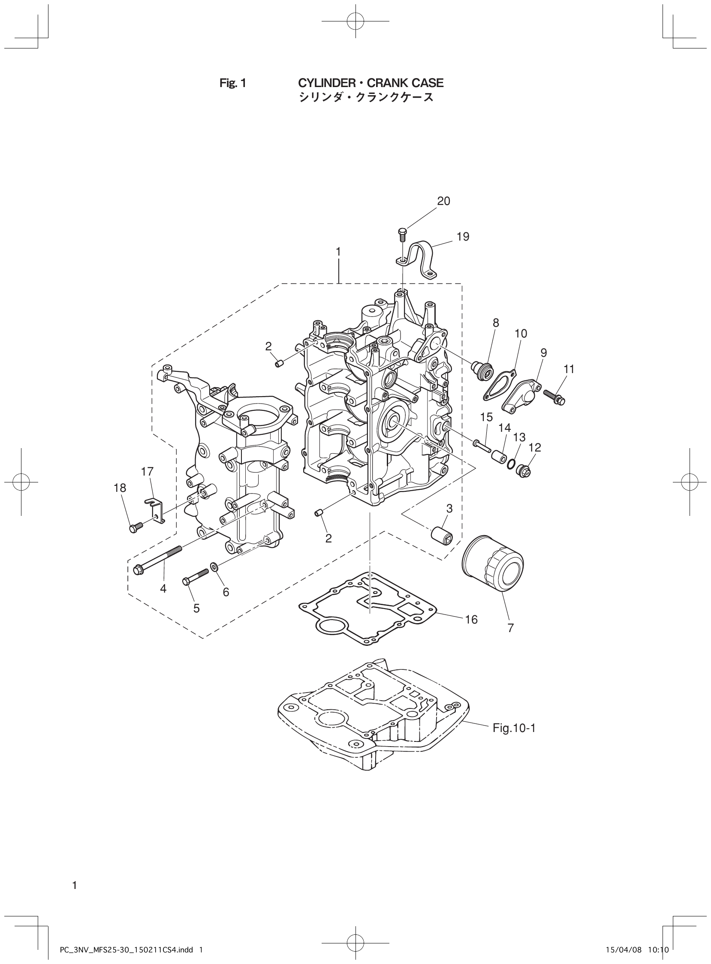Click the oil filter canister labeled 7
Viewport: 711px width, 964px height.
click(492, 563)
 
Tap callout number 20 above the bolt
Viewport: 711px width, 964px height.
click(444, 201)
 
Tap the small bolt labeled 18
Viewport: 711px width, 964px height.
click(133, 527)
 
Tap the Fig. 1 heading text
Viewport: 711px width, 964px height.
click(232, 83)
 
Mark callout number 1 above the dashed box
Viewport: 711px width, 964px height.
click(338, 252)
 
